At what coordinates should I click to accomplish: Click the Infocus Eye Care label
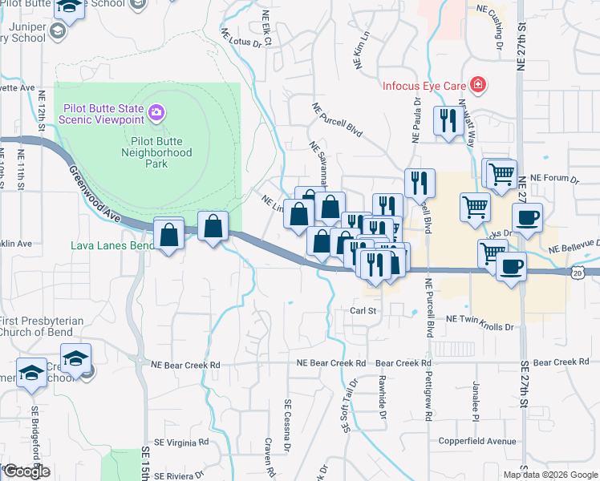click(425, 85)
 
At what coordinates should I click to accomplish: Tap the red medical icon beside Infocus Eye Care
click(478, 84)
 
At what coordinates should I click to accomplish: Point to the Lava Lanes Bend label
click(112, 245)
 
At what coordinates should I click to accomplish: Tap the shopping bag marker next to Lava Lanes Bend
click(168, 235)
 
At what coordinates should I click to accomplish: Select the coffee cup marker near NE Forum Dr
click(527, 218)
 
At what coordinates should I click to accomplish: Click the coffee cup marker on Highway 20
click(510, 267)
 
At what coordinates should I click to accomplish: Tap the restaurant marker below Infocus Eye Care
click(447, 122)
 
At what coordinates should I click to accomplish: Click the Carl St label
click(363, 309)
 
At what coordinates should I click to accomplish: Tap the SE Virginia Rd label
click(181, 441)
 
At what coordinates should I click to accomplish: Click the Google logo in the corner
click(26, 471)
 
